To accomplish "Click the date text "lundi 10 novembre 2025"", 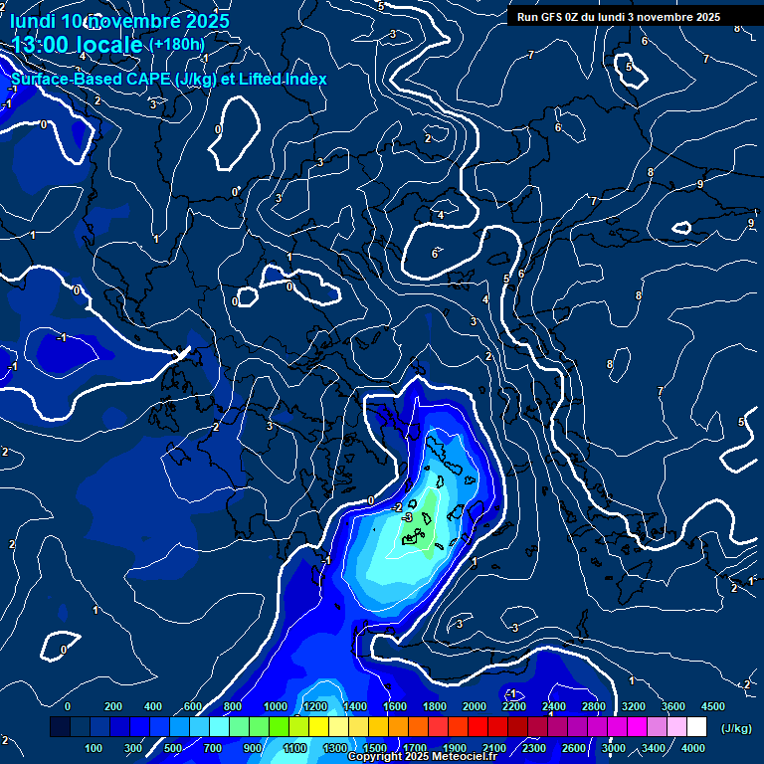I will pos(118,20).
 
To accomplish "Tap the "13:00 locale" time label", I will pos(77,44).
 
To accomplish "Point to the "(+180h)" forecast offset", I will pos(176,45).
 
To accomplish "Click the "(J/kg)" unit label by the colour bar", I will pos(735,728).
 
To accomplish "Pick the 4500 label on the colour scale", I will pos(712,706).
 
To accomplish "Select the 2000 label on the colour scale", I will pos(474,706).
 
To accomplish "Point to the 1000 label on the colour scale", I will pos(276,706).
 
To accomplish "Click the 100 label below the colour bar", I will pos(95,748).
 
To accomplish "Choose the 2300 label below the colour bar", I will pos(533,748).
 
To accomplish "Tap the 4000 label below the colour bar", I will pos(693,748).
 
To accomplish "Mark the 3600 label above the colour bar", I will pos(672,706).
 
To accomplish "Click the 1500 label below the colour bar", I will pos(374,748).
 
